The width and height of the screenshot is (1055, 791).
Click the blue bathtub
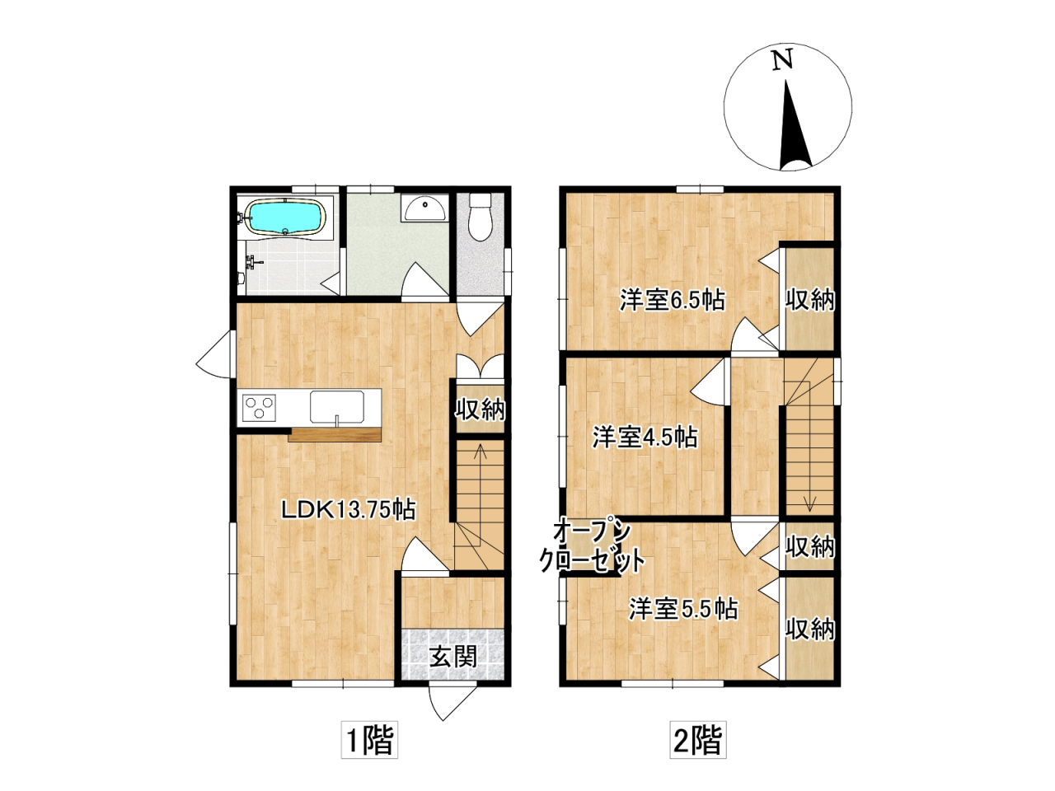(286, 218)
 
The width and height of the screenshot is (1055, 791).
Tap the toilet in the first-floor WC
(480, 217)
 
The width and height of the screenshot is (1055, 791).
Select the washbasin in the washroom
(424, 208)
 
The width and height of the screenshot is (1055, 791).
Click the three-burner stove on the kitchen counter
(259, 407)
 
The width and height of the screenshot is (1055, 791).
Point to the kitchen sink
(337, 407)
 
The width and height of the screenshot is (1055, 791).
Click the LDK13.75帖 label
(349, 509)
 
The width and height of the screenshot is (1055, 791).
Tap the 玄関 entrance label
(452, 656)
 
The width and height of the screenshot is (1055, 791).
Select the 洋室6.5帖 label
(672, 301)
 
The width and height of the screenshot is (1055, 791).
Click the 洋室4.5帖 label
(645, 438)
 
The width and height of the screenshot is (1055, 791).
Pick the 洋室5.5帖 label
(683, 609)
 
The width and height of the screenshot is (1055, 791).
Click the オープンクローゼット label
(592, 545)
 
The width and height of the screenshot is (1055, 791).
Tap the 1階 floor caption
(369, 740)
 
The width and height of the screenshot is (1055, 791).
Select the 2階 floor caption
(698, 740)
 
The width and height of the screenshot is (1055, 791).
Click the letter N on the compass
(782, 60)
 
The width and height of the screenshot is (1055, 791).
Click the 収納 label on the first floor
(481, 410)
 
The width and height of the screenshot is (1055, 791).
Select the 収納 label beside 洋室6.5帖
(810, 301)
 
